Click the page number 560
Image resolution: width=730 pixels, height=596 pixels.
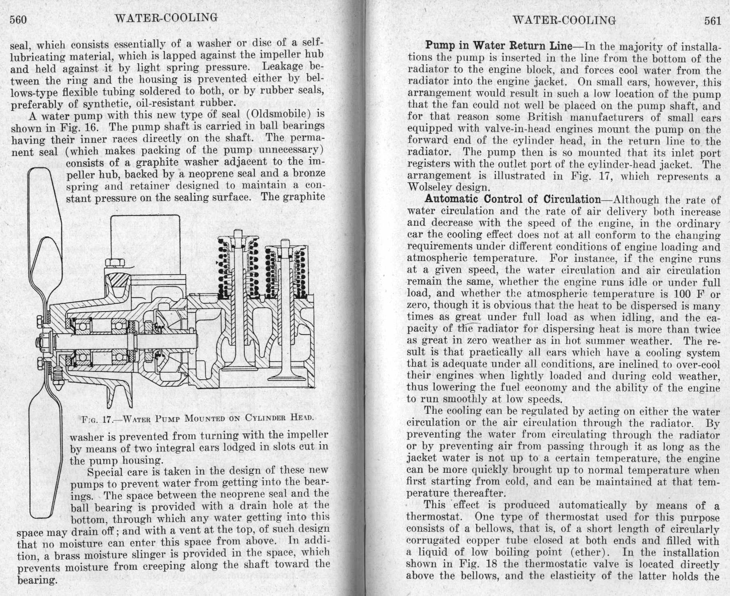18,20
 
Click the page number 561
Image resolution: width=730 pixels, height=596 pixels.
712,21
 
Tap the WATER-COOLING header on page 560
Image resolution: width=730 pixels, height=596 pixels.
166,18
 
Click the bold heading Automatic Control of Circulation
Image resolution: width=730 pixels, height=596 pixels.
512,199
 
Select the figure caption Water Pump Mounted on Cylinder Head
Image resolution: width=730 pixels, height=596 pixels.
198,419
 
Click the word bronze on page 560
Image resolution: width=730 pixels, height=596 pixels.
310,174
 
